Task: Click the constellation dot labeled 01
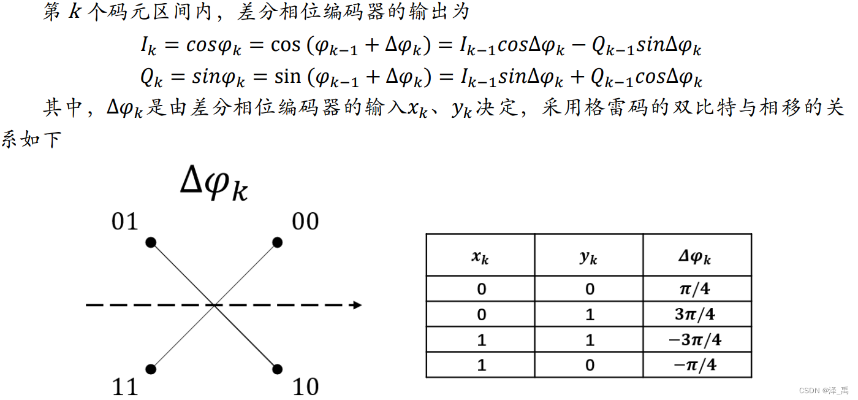(151, 242)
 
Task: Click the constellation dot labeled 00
(277, 242)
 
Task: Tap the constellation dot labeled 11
(151, 369)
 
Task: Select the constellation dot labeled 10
(277, 369)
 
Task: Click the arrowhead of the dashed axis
(357, 304)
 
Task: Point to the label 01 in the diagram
(125, 221)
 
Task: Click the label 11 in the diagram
(125, 387)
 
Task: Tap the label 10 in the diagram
(305, 387)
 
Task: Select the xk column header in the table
(480, 257)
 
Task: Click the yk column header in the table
(588, 257)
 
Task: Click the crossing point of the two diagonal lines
(214, 305)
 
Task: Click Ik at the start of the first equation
(149, 47)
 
